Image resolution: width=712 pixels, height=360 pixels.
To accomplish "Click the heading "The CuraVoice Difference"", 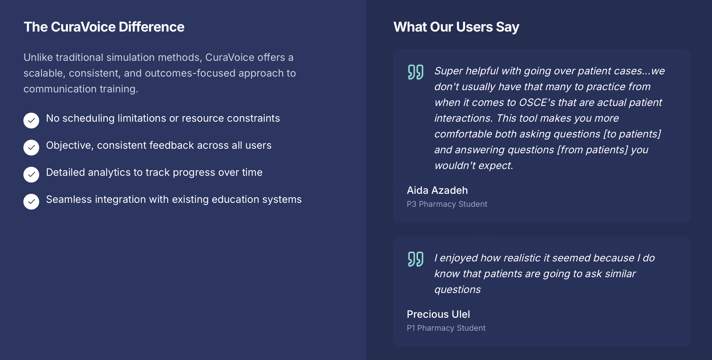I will pyautogui.click(x=104, y=27).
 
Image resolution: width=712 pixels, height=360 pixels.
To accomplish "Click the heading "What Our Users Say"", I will pyautogui.click(x=456, y=27).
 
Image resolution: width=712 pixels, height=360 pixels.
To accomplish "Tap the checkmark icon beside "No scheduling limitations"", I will pyautogui.click(x=31, y=121).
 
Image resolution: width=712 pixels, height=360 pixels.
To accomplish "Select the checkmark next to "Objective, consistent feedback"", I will pyautogui.click(x=31, y=148).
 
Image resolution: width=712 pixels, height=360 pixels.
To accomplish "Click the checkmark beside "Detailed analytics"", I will pyautogui.click(x=31, y=175).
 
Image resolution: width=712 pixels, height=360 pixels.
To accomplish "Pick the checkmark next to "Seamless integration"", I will pyautogui.click(x=31, y=202).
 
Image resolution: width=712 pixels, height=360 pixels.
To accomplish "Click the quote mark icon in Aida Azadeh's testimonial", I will pyautogui.click(x=415, y=72).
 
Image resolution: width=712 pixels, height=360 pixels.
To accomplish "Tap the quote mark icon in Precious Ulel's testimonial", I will pyautogui.click(x=415, y=259).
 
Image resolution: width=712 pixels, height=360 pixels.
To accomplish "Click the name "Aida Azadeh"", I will pyautogui.click(x=437, y=190).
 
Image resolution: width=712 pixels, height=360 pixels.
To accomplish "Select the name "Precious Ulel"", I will pyautogui.click(x=438, y=314).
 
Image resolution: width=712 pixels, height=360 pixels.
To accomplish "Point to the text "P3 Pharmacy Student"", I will pyautogui.click(x=447, y=204).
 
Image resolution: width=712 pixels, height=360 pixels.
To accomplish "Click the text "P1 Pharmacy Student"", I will pyautogui.click(x=446, y=328).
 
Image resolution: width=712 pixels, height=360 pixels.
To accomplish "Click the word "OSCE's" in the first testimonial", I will pyautogui.click(x=537, y=103).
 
